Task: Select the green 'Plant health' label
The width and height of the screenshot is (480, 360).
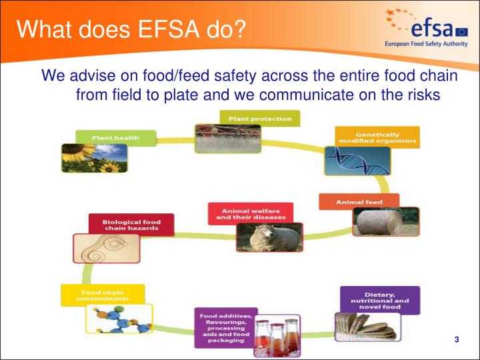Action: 115,138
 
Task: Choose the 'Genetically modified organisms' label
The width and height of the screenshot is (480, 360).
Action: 377,137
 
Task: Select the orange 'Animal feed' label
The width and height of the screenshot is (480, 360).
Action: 359,201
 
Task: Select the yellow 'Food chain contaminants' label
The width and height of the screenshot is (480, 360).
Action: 102,295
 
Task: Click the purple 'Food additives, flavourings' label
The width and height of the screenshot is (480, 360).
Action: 225,327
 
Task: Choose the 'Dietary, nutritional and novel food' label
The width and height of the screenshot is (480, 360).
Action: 381,300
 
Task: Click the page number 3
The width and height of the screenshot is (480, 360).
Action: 457,341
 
